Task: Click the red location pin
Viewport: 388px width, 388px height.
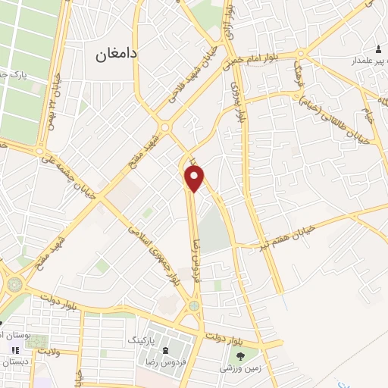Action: point(195,178)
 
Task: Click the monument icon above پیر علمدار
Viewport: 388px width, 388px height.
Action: point(377,48)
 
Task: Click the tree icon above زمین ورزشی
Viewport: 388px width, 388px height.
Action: point(239,355)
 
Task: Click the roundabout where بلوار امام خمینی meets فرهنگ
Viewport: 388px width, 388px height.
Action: point(302,55)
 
